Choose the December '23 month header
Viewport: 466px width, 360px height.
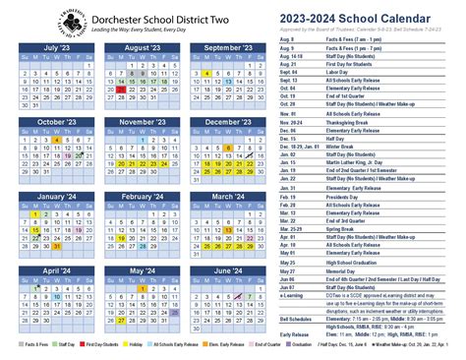click(x=227, y=121)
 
